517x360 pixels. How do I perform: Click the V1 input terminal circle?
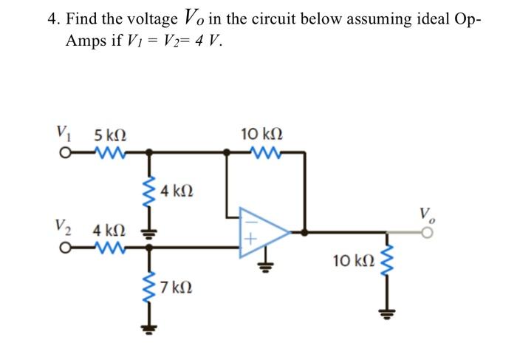pos(66,154)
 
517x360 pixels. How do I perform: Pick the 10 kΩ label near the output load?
pos(354,260)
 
